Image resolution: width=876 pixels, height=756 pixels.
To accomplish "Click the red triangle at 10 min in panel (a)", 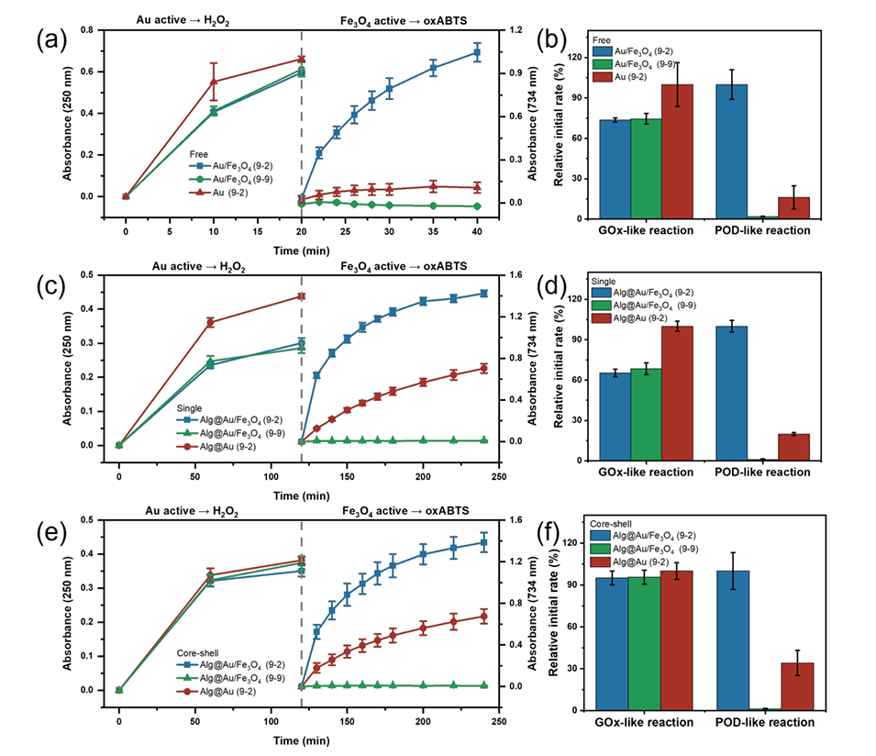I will [x=214, y=82].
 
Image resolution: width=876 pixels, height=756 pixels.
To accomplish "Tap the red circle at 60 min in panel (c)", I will [x=210, y=322].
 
